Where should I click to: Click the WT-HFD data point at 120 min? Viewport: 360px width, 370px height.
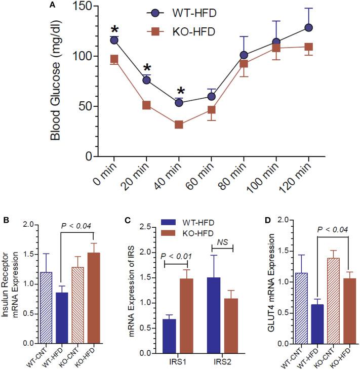click(x=309, y=27)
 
